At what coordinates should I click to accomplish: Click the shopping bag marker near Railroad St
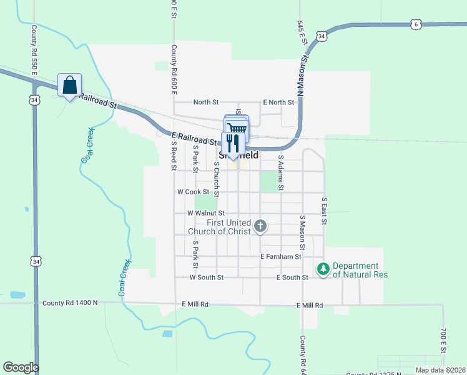coord(69,86)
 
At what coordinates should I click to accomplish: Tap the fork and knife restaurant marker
coord(232,143)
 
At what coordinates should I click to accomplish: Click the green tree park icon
coord(323,269)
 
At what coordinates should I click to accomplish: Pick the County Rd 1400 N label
coord(70,303)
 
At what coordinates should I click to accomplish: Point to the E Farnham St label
coord(281,256)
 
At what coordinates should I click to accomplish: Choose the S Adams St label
coord(281,172)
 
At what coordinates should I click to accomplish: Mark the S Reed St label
coord(174,155)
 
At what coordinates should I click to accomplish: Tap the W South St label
coord(206,277)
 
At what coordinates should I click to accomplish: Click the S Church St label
coord(217,179)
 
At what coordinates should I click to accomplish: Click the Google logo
coord(21,367)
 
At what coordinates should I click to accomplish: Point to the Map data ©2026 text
coord(440,370)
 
